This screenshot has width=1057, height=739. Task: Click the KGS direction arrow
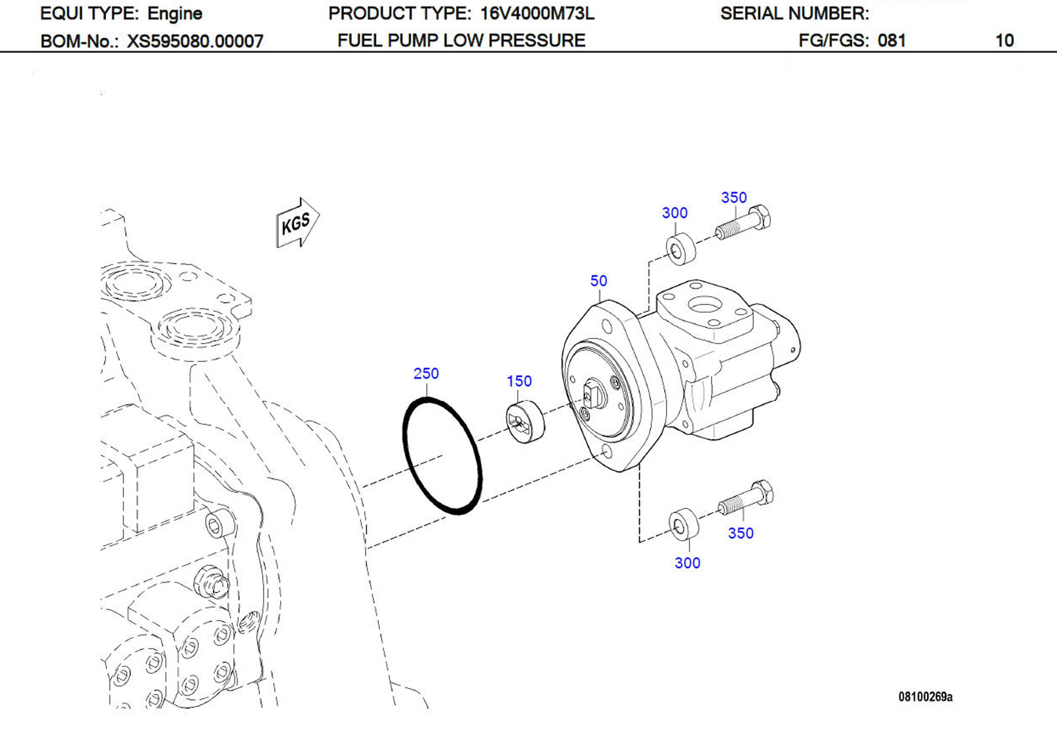[297, 222]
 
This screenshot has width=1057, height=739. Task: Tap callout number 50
[598, 280]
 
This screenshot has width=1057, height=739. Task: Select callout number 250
[426, 374]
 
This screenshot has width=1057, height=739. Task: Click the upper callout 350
[734, 198]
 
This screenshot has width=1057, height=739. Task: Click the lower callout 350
[740, 533]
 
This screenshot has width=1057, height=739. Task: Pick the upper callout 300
[674, 213]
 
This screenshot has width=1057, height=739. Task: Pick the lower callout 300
[687, 563]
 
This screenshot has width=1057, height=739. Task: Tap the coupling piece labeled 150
[525, 422]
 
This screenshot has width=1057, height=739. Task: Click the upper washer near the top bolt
[681, 250]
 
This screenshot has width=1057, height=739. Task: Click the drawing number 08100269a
[925, 697]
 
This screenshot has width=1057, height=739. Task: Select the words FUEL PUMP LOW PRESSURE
[461, 40]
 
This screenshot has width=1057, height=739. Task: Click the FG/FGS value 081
[891, 40]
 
